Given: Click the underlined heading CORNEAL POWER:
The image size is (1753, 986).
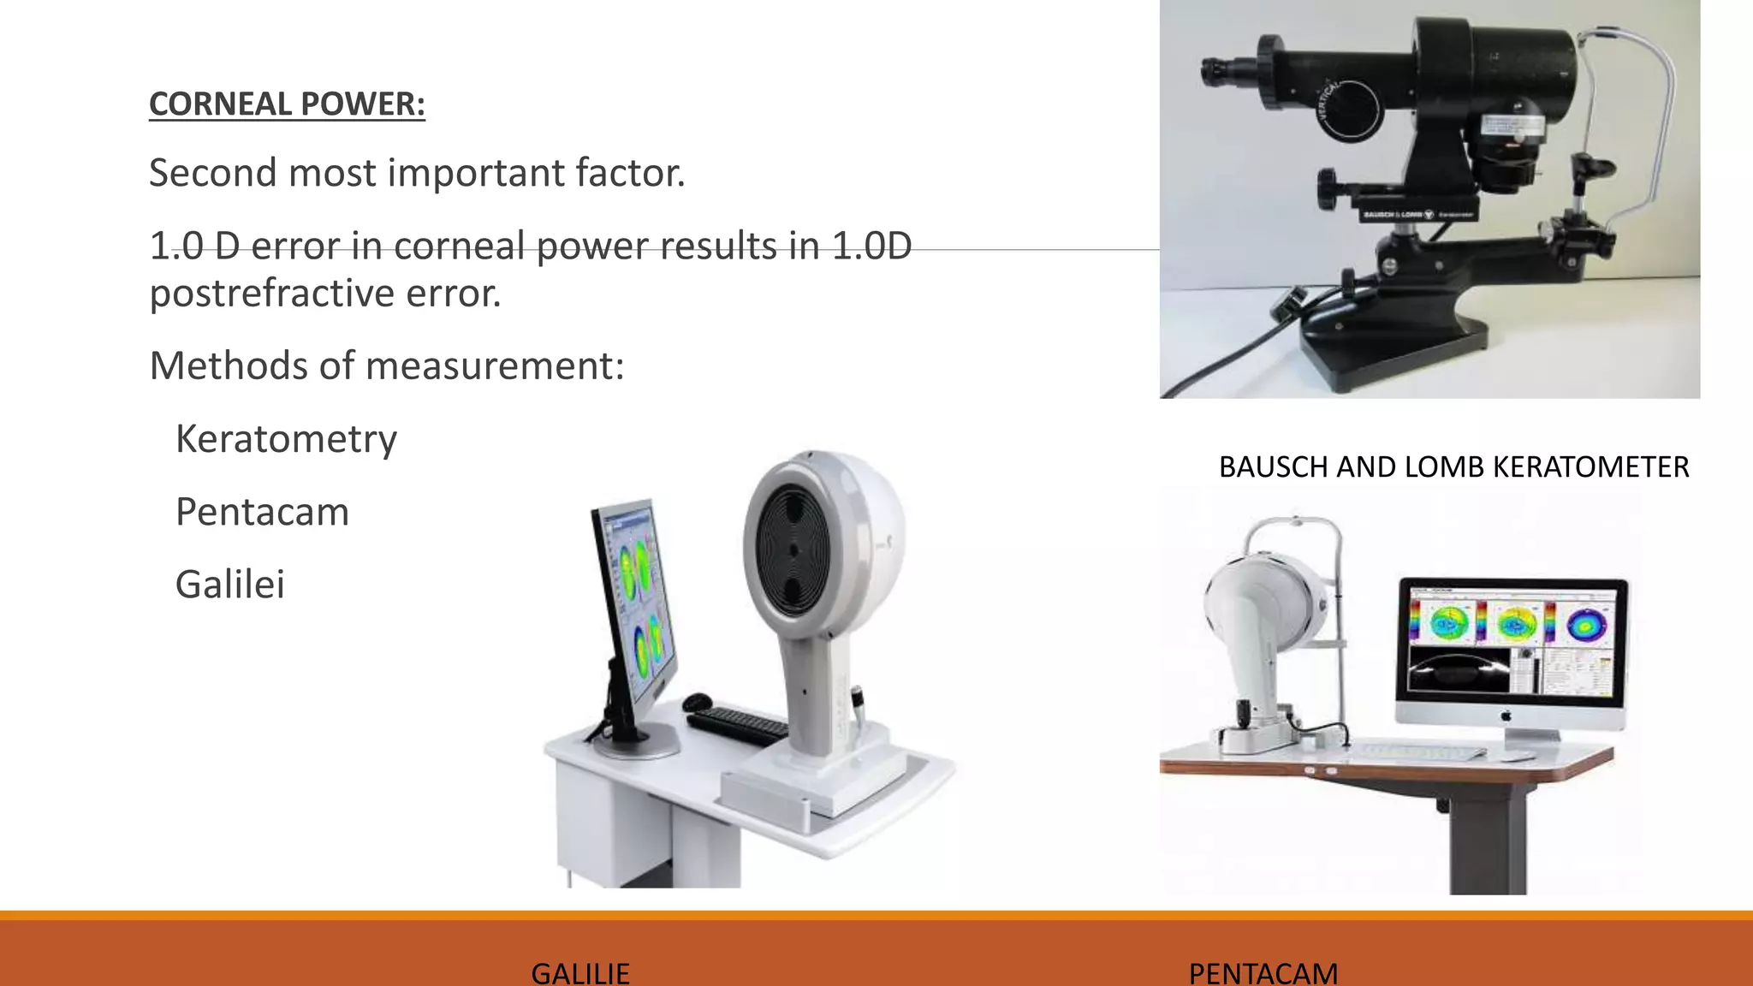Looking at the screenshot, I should [x=287, y=104].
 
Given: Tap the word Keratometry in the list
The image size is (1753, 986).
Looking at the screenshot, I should [x=286, y=439].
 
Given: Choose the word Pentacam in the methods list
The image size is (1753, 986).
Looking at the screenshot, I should [x=262, y=512].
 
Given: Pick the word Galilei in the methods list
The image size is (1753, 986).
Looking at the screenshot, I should [x=229, y=585].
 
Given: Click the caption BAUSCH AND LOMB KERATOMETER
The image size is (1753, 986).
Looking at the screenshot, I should [x=1453, y=467].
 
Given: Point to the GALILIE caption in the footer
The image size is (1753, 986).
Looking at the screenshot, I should [x=580, y=973].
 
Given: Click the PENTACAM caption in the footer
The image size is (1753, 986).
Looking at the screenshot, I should [x=1263, y=973].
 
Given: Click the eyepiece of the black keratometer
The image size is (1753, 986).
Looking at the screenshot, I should [x=1214, y=71].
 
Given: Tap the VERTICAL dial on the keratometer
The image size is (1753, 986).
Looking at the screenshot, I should [x=1348, y=111].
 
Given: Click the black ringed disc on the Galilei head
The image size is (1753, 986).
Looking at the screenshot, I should [x=793, y=550].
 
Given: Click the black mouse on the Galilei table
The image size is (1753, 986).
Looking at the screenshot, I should [x=698, y=703].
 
